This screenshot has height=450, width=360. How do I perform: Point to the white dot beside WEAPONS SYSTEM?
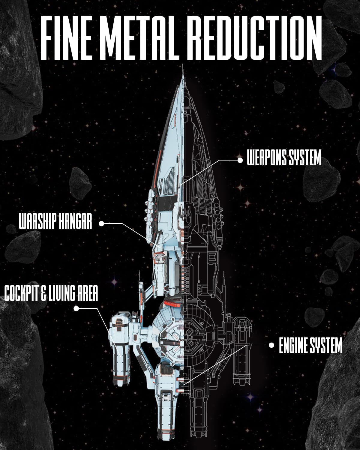click(240, 160)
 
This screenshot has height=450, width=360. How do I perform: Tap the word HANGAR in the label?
click(75, 221)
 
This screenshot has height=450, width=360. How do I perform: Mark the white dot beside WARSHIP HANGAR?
click(101, 223)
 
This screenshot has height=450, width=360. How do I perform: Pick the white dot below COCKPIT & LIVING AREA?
click(76, 308)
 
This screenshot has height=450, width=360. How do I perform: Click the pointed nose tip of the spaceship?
click(183, 65)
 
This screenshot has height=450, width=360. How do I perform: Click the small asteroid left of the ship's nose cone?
click(80, 184)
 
